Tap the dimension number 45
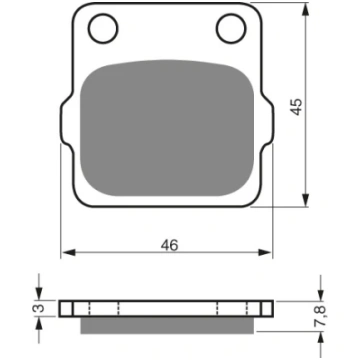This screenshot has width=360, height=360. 296,107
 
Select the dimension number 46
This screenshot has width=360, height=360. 170,245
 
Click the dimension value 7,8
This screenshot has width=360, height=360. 322,317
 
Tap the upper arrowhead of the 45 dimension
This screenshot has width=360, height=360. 305,9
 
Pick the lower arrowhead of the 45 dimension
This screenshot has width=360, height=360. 305,200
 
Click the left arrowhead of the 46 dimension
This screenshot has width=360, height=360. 69,253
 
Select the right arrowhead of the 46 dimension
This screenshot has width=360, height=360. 265,253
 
